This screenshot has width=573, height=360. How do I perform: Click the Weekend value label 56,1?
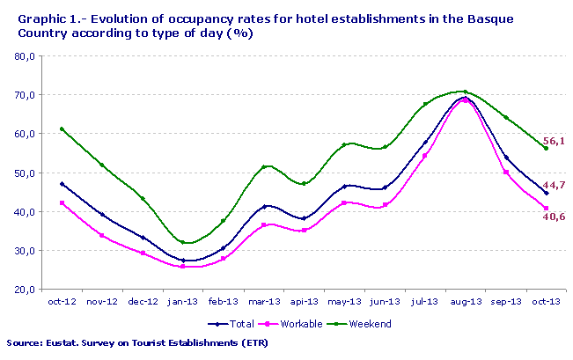tap(554, 141)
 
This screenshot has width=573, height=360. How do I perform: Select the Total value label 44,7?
tap(554, 186)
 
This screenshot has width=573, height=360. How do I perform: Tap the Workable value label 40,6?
tap(554, 217)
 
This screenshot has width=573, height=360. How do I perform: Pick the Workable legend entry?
tap(291, 324)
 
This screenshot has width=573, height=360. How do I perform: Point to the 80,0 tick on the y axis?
tap(25, 56)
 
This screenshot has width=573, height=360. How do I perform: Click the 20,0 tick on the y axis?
tap(25, 290)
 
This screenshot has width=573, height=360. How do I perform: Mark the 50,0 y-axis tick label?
tap(25, 173)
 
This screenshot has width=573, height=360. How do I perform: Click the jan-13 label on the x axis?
tap(183, 301)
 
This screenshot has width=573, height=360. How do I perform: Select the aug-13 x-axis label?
tap(465, 301)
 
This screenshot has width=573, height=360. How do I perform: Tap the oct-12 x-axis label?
tap(61, 301)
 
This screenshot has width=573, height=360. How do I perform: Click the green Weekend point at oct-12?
tap(61, 129)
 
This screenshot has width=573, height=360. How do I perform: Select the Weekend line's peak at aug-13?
tap(465, 92)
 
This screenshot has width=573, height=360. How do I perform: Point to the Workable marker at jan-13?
tap(183, 266)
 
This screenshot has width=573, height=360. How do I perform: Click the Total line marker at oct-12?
tap(61, 184)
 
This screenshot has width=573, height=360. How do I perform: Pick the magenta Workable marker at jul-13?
tap(424, 156)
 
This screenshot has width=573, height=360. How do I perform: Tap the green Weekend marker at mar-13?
tap(263, 166)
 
